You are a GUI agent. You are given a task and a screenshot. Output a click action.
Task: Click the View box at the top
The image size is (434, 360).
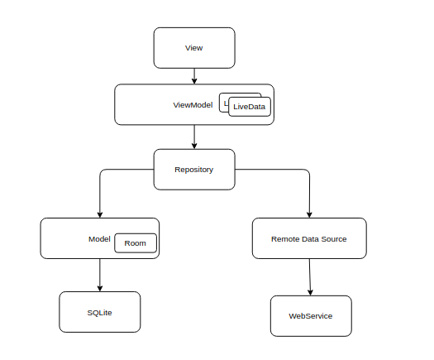pos(194,48)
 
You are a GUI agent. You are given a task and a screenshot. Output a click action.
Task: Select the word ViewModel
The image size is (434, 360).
pos(193,105)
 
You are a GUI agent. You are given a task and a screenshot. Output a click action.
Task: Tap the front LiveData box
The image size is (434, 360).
pos(250,107)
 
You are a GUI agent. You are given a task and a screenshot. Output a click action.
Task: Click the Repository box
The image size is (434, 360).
pos(194,170)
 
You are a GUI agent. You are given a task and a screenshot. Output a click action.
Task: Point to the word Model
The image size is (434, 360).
pos(99,239)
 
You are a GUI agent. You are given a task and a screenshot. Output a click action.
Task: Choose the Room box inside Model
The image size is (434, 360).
pos(135,243)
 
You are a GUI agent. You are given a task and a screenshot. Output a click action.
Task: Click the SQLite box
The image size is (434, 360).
pos(100,312)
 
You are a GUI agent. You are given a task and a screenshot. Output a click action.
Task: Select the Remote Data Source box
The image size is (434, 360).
pos(308,238)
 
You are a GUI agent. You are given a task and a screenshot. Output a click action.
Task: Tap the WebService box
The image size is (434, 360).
pos(311,316)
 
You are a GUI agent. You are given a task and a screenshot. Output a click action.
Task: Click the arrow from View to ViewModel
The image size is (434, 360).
pos(194,76)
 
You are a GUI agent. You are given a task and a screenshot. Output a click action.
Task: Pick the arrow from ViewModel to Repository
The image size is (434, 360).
pos(194,137)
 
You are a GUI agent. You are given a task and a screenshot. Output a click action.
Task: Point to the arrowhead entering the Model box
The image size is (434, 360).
pos(100,214)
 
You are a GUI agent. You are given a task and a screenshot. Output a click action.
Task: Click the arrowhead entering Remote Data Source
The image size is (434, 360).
pos(309,214)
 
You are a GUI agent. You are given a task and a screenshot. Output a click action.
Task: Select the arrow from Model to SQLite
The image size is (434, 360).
pos(100,275)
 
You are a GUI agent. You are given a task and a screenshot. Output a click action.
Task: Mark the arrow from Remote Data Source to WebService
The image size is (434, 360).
pos(310,277)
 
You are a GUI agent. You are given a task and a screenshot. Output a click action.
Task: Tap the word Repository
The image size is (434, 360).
pos(194,170)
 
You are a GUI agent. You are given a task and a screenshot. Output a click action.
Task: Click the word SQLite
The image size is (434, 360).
pos(100,312)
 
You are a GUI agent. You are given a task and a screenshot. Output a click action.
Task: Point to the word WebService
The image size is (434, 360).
pos(311,316)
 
